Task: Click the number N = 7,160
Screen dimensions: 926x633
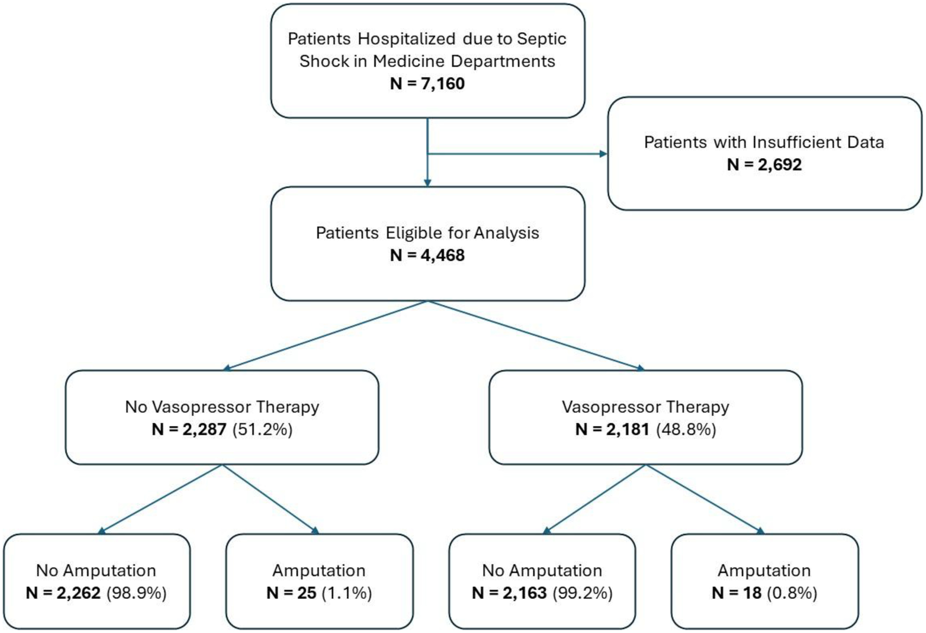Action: coord(427,84)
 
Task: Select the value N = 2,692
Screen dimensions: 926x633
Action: coord(764,164)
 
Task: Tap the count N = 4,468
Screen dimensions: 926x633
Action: coord(427,255)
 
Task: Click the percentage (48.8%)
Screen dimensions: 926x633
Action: coord(686,429)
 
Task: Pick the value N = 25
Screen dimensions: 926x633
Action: coord(291,593)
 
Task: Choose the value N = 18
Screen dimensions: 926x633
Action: coord(737,593)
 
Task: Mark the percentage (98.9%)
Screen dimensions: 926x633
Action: coord(136,593)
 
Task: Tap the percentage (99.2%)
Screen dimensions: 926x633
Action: coord(582,593)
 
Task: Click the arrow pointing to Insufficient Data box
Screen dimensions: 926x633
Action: coord(517,154)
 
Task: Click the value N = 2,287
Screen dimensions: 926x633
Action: coord(189,429)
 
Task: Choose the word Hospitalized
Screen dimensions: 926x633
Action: coord(407,39)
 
